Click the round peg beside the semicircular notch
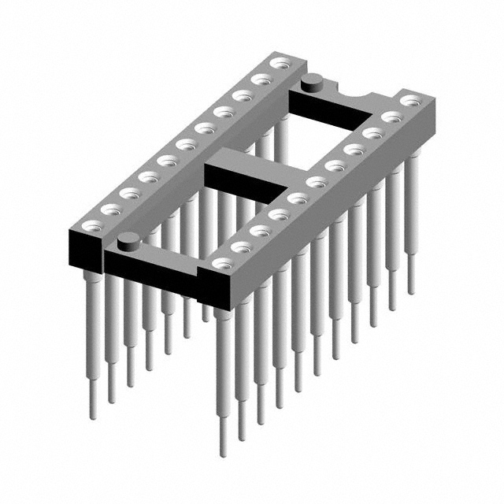coord(312,79)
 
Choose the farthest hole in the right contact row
coord(410,101)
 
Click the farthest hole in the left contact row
coord(278,62)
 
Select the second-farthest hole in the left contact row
coord(260,79)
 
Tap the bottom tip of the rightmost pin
coord(410,291)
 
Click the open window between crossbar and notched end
coord(327,130)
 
